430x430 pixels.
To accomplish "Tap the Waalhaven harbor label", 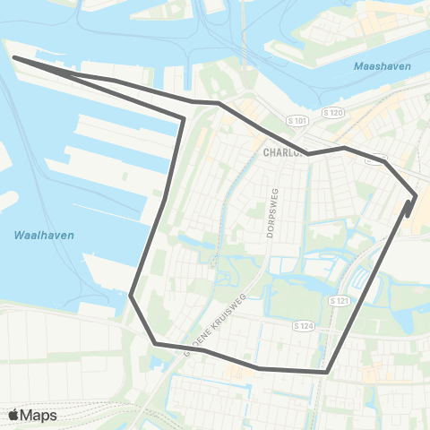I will pos(44,235).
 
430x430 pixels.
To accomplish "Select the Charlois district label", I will pos(285,152).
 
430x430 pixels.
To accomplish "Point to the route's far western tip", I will pos(14,58).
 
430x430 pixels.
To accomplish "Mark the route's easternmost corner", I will pos(417,194).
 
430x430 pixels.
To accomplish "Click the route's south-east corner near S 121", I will pos(328,372).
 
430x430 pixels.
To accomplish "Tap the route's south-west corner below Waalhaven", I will pos(155,343).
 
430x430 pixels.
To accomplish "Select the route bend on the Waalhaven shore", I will pos(131,294).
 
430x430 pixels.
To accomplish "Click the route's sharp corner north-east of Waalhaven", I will pos(185,117).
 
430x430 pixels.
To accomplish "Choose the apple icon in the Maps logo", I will pos(14,415).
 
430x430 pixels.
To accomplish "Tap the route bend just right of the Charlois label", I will pos(309,154).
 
